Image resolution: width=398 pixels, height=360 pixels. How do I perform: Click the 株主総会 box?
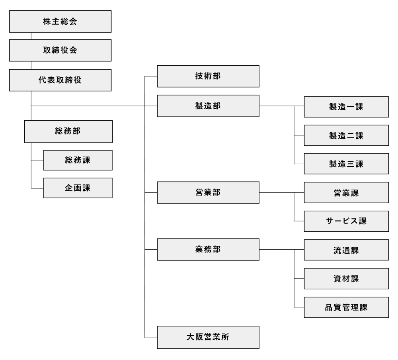60,22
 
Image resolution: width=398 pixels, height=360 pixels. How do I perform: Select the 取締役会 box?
60,50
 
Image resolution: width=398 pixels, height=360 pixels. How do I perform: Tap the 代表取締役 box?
60,80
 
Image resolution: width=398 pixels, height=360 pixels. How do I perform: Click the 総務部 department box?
68,131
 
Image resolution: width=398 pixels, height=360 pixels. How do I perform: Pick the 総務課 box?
78,160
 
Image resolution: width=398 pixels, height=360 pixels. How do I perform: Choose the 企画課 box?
78,188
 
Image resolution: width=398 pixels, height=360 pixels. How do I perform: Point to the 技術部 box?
208,76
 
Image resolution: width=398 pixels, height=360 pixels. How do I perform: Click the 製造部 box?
208,106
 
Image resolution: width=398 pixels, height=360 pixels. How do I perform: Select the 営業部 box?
208,193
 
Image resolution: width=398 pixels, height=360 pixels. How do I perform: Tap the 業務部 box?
208,249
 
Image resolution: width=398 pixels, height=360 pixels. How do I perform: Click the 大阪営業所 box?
208,337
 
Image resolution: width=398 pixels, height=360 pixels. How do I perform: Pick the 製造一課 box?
346,107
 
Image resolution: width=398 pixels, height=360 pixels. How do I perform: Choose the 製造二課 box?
346,135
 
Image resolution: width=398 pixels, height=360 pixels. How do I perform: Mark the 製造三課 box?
346,164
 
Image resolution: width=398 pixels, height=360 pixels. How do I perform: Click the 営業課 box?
346,193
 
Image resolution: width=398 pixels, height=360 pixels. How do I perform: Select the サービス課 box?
346,221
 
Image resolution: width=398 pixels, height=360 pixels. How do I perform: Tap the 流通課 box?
346,250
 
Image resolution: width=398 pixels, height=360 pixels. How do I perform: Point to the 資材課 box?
346,279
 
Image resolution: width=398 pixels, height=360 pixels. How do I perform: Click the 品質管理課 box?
346,307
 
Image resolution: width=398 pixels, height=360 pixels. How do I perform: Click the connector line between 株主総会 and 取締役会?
31,36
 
